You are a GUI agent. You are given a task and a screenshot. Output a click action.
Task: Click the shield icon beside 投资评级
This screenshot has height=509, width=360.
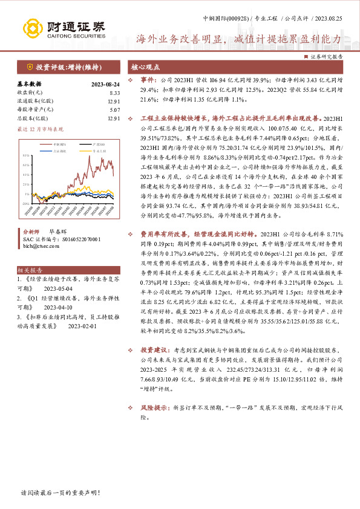(29, 67)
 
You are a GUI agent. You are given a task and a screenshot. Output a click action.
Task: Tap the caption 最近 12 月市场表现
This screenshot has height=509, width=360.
(41, 129)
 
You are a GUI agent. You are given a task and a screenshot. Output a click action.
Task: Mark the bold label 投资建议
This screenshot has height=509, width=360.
(152, 349)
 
